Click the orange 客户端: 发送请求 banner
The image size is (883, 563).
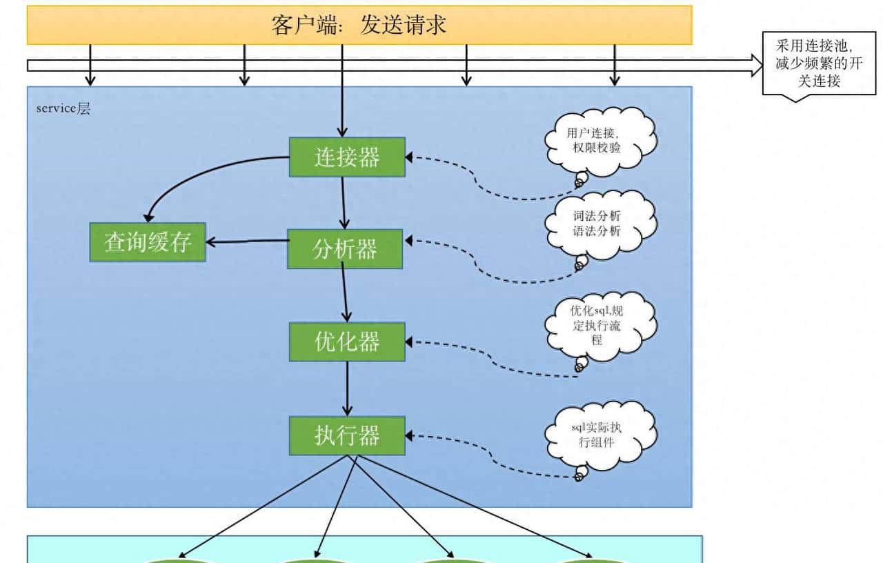(359, 25)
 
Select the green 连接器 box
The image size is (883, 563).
(347, 157)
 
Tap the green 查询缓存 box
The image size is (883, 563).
(148, 242)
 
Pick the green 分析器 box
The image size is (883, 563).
(345, 248)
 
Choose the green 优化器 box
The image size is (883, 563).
(347, 342)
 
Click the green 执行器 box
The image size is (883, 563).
(347, 435)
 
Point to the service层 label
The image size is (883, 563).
(63, 109)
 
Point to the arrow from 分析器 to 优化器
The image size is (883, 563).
(345, 295)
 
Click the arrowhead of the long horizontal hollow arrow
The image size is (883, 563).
(756, 65)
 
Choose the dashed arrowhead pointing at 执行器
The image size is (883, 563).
(409, 435)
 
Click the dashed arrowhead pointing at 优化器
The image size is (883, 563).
(409, 342)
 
